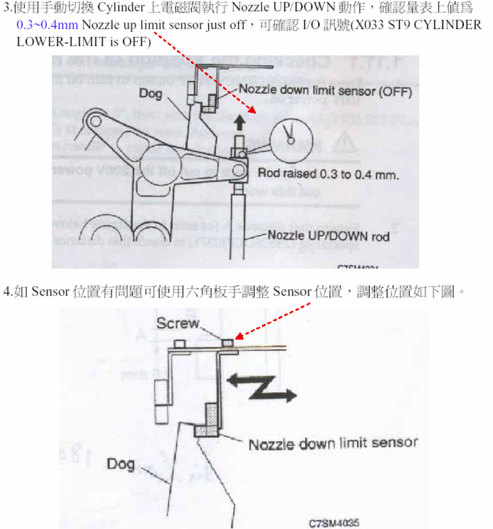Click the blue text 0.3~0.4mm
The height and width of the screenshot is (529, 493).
[47, 25]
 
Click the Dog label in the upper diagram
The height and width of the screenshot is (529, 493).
[151, 93]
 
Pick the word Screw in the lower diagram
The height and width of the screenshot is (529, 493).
[178, 323]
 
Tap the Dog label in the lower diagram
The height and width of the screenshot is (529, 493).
[120, 463]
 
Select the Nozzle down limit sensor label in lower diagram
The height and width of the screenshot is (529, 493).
[333, 443]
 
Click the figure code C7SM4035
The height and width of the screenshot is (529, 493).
[334, 523]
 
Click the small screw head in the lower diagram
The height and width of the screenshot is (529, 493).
[227, 342]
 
